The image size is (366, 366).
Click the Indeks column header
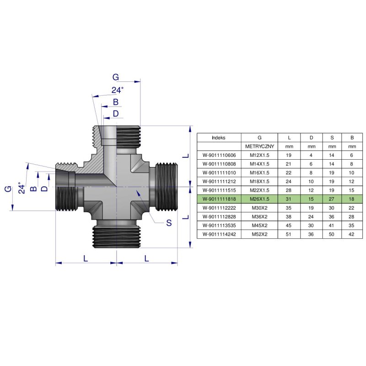point(219,137)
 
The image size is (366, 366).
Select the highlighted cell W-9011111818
point(219,199)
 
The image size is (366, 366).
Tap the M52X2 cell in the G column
point(259,234)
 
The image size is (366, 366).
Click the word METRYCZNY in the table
point(259,146)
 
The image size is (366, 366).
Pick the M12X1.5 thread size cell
point(259,155)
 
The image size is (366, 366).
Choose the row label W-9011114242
point(219,234)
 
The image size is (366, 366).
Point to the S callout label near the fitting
point(169,223)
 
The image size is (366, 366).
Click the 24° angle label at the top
point(118,90)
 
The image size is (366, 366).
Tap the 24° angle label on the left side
point(20,188)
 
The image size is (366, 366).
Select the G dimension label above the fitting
point(115,77)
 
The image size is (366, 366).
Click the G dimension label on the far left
point(8,188)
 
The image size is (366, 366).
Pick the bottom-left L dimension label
point(86,258)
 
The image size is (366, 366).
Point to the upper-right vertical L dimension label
point(185,156)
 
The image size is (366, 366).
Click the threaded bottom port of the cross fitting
point(116,233)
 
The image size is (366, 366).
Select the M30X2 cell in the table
point(259,208)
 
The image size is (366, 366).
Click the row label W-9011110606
point(219,155)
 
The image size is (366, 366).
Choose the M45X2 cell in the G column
point(259,225)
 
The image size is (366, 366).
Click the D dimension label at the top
point(116,113)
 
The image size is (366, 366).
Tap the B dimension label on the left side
point(33,188)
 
